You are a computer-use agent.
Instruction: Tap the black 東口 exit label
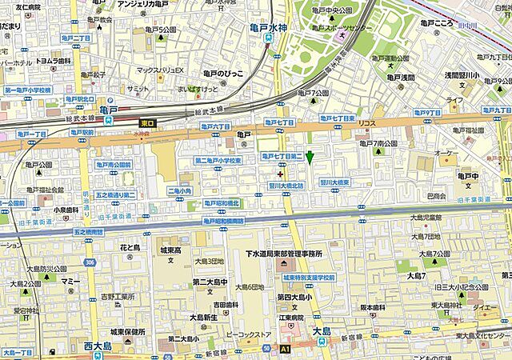point(147,123)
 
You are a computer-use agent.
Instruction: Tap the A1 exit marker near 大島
point(285,349)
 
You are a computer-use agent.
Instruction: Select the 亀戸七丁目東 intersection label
point(337,118)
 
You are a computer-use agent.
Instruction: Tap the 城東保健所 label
point(127,332)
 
